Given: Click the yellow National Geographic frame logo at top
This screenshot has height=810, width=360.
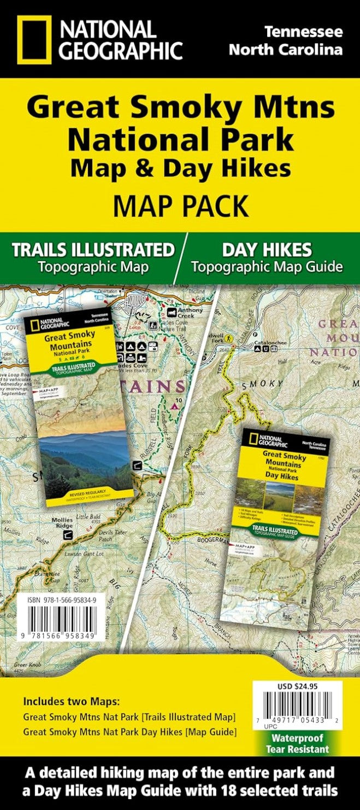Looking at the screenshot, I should click(34, 39).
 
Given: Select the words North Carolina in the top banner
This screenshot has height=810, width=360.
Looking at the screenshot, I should click(286, 50).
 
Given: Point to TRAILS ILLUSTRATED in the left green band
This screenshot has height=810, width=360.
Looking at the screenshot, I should click(93, 250).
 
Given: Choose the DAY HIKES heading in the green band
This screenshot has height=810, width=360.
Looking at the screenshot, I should click(267, 250).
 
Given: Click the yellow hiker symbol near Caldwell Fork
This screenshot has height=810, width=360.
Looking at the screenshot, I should click(231, 339).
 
